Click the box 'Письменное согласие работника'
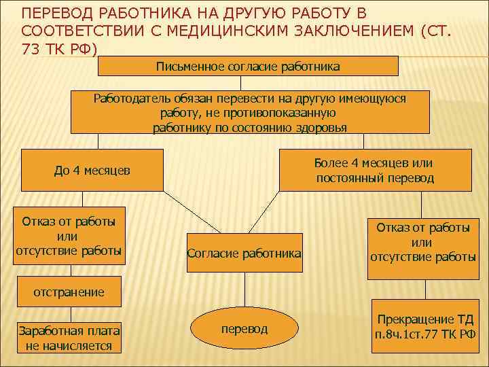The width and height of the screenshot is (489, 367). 248,66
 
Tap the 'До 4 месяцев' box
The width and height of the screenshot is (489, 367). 92,170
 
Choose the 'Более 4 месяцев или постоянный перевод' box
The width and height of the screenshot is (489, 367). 374,171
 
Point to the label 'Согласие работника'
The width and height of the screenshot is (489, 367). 244,254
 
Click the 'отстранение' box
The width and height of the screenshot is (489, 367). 69,292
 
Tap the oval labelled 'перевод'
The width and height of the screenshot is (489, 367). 244,329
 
